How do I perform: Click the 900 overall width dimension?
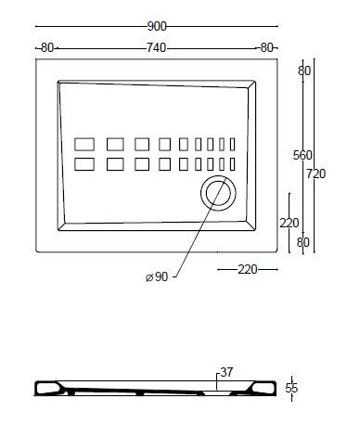[x=157, y=27]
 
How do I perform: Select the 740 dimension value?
[x=156, y=48]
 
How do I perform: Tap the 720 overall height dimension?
[x=316, y=174]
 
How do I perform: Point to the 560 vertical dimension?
[x=302, y=155]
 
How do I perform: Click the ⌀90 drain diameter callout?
[x=157, y=276]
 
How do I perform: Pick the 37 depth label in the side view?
[x=226, y=372]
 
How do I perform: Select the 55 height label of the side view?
[x=291, y=388]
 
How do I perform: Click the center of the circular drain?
[x=218, y=193]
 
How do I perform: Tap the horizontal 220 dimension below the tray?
[x=248, y=270]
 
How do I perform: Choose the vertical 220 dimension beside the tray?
[x=289, y=223]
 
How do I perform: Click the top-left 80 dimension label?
[x=47, y=48]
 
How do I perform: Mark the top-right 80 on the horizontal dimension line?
[x=266, y=48]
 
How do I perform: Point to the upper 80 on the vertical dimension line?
[x=304, y=71]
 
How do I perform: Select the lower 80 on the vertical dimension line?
[x=302, y=242]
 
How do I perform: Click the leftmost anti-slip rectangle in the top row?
[x=84, y=145]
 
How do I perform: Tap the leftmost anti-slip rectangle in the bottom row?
[x=84, y=164]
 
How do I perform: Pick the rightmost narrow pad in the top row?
[x=232, y=145]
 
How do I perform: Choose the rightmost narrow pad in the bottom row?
[x=232, y=164]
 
